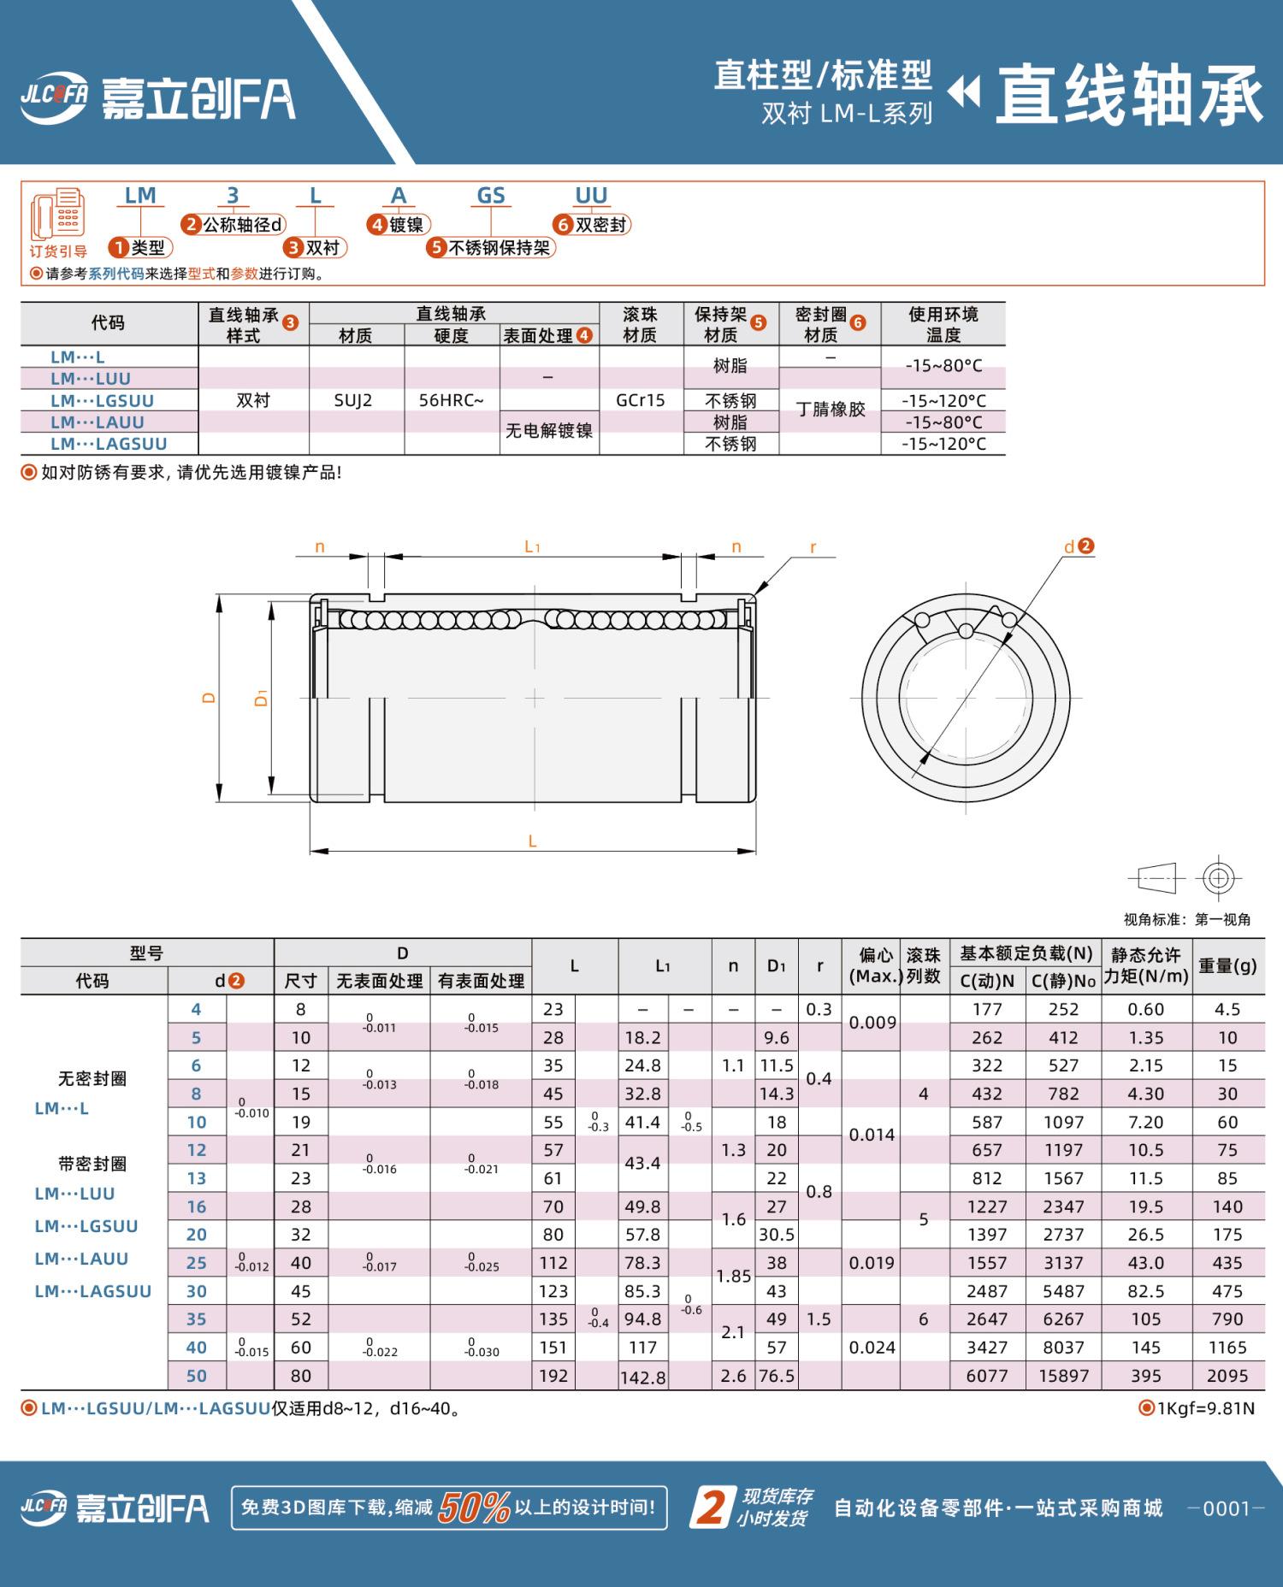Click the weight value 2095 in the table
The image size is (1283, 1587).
[x=1227, y=1376]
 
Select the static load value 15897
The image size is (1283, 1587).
[x=1063, y=1376]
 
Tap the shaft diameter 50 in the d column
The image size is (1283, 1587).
[x=197, y=1376]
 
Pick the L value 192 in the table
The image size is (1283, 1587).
[x=553, y=1376]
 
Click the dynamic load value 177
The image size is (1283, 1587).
[x=987, y=1009]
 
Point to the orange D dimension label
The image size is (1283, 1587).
[x=209, y=698]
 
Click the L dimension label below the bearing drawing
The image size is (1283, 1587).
[x=532, y=841]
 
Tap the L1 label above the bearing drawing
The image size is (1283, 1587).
[x=532, y=546]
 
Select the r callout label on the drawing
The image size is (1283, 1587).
[x=813, y=547]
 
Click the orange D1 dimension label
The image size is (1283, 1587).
[x=262, y=698]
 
